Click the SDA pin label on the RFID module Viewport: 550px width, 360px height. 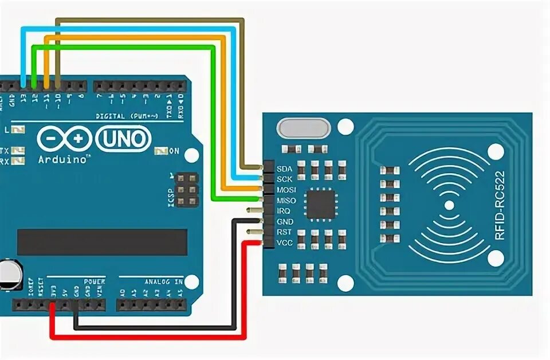click(284, 169)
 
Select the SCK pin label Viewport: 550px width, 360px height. click(284, 179)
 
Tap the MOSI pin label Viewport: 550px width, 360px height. click(286, 190)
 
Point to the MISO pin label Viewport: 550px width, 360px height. click(286, 201)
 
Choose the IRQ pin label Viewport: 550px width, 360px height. click(284, 211)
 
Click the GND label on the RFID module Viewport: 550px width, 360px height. click(285, 221)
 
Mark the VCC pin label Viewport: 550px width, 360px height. click(285, 242)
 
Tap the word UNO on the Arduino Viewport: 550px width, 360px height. click(124, 139)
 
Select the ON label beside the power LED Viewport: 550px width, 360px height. click(174, 151)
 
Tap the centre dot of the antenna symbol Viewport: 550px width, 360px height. click(449, 205)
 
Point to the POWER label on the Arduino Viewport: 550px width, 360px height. click(95, 281)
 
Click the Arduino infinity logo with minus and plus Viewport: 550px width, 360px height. click(64, 139)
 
